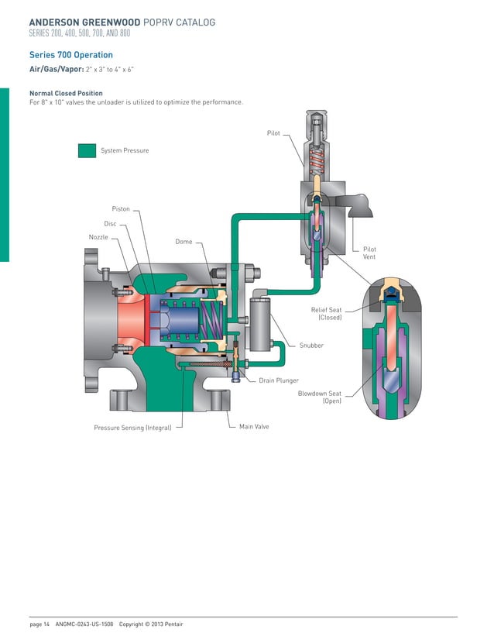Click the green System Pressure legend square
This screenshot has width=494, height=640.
point(87,150)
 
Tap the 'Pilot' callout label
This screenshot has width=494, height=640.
point(273,133)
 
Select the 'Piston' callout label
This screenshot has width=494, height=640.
point(121,209)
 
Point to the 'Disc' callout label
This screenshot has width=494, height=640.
point(110,224)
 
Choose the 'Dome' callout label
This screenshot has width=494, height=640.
point(184,242)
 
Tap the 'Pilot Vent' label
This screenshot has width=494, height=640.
point(369,253)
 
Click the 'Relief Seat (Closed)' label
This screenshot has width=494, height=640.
point(326,313)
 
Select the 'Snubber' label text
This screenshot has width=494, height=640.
point(311,346)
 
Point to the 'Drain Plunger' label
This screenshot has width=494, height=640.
point(278,380)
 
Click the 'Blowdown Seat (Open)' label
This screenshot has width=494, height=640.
point(320,397)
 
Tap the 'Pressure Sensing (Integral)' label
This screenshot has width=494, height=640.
point(132,427)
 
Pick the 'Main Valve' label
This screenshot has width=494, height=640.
point(254,426)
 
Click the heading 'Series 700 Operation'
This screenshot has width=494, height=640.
point(71,55)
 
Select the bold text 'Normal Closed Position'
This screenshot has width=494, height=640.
point(66,94)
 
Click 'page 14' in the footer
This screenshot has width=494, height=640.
point(39,624)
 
